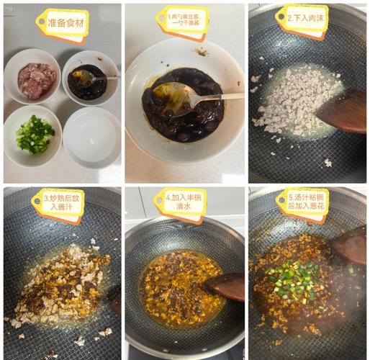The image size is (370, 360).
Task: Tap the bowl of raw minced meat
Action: click(35, 79)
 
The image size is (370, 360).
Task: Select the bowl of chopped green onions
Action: click(34, 135)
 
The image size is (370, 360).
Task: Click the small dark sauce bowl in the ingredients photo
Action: click(89, 79)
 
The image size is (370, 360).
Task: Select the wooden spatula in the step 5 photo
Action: click(351, 245)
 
